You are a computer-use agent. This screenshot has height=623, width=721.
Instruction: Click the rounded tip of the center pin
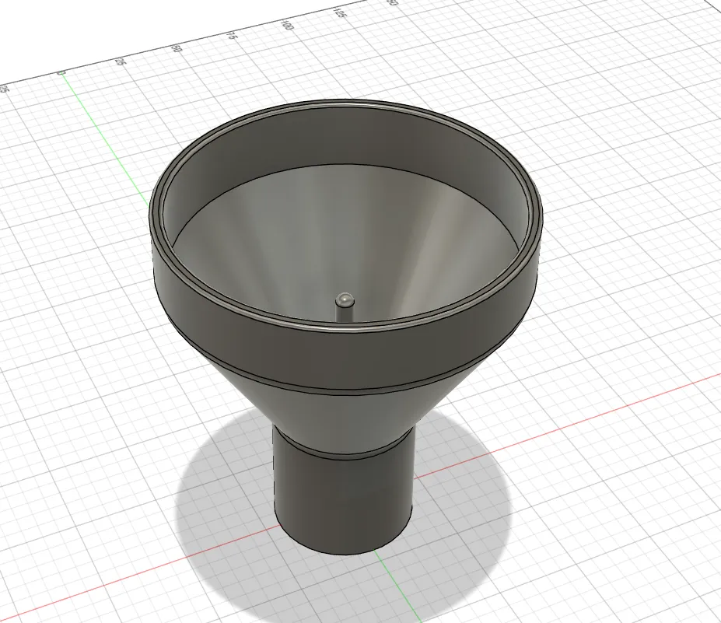point(344,298)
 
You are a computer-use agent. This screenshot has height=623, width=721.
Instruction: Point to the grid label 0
point(61,73)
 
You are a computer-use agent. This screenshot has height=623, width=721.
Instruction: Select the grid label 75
point(230,36)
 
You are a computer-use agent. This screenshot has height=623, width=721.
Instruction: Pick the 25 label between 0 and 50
point(119,61)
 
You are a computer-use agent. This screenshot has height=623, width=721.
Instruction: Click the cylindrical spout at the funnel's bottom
point(342,498)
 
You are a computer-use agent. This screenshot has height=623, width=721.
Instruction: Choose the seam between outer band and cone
point(342,387)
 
